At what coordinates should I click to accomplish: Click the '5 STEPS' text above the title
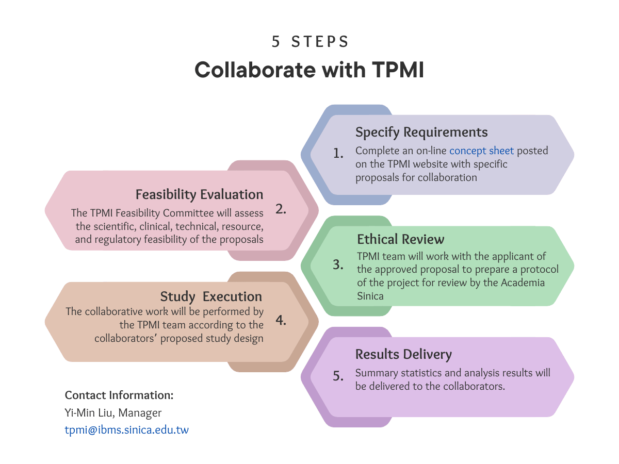pyautogui.click(x=310, y=42)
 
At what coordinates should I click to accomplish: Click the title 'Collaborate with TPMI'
pyautogui.click(x=309, y=70)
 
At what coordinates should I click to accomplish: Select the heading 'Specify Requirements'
pyautogui.click(x=421, y=132)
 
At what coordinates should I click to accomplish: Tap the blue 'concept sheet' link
pyautogui.click(x=481, y=151)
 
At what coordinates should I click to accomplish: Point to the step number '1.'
pyautogui.click(x=338, y=153)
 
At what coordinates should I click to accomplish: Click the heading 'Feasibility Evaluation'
pyautogui.click(x=199, y=194)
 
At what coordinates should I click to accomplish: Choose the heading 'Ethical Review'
pyautogui.click(x=401, y=239)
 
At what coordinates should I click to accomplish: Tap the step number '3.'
pyautogui.click(x=338, y=265)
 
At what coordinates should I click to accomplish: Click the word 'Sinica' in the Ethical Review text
pyautogui.click(x=370, y=296)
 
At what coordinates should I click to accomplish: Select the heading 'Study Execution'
pyautogui.click(x=211, y=296)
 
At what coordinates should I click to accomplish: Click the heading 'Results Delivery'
pyautogui.click(x=403, y=354)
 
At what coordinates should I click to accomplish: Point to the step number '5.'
pyautogui.click(x=338, y=376)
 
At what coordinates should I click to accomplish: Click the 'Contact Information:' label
pyautogui.click(x=119, y=395)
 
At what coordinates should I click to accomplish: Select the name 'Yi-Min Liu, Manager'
pyautogui.click(x=113, y=413)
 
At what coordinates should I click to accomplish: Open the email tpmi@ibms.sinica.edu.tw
pyautogui.click(x=127, y=430)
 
